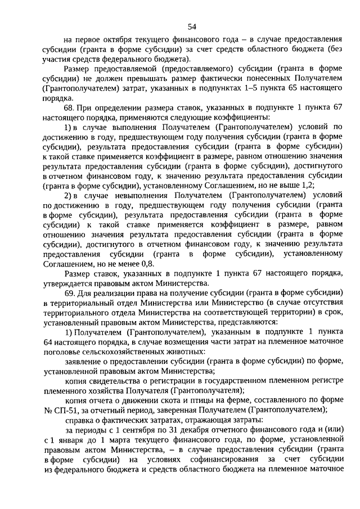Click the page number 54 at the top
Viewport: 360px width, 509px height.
192,26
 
